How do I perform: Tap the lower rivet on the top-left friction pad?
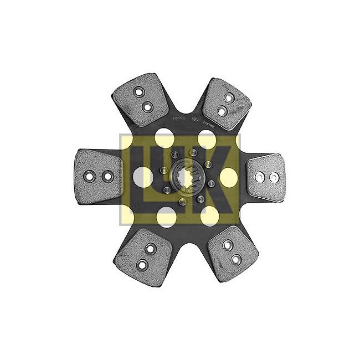point(148,106)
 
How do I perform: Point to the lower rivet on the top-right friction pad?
point(222,111)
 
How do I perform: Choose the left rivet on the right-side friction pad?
point(260,177)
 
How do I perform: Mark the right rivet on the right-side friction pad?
point(274,177)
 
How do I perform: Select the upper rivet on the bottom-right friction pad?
point(227,244)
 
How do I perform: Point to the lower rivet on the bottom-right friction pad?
point(236,259)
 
